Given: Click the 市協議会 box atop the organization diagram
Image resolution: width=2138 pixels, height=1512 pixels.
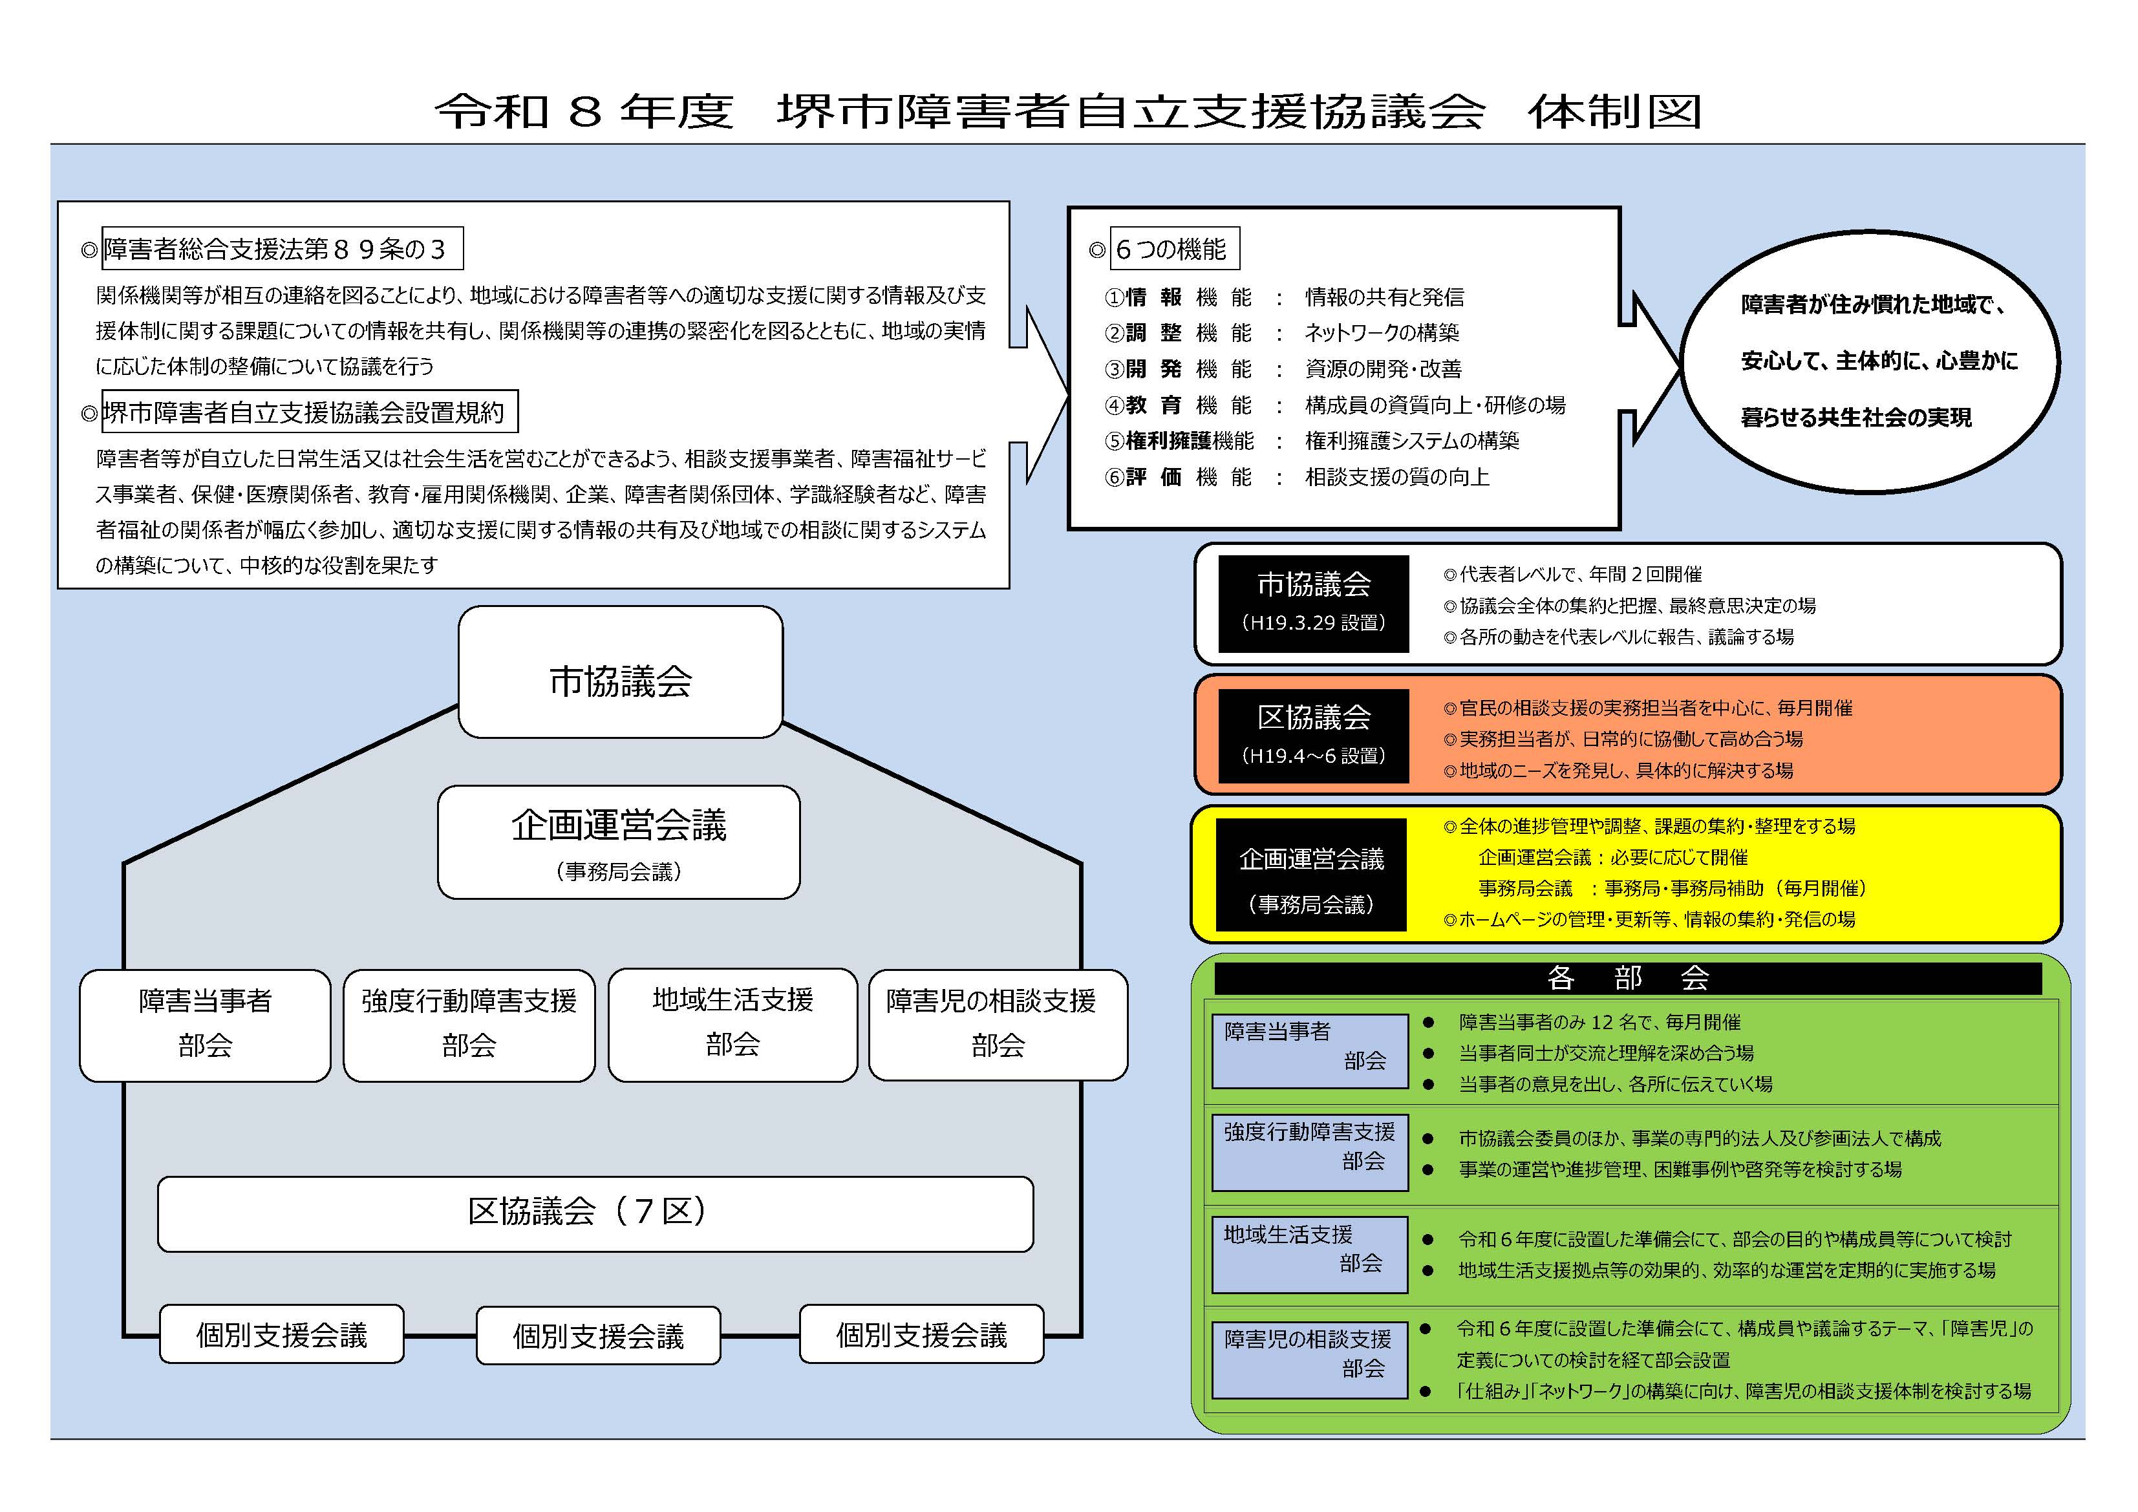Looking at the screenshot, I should click(620, 673).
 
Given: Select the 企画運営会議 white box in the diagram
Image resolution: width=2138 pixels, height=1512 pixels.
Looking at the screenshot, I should click(618, 842).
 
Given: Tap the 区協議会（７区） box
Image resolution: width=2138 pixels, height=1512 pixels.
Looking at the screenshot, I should click(595, 1213).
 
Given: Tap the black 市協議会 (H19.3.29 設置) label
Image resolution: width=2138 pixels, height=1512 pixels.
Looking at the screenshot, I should click(1313, 603).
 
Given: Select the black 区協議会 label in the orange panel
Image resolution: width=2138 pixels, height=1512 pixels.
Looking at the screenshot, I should click(1313, 736).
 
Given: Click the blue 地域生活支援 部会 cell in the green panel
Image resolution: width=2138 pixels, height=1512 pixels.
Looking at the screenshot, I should click(1309, 1254).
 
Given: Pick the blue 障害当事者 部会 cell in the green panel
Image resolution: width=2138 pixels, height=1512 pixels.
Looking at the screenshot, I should click(1309, 1051).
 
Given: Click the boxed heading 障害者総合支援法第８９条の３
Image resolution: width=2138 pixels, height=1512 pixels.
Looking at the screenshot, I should click(281, 249).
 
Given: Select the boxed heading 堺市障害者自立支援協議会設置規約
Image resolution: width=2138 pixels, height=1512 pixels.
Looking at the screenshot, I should click(309, 412).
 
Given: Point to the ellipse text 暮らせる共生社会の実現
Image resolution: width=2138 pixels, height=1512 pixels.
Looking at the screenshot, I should click(1856, 417).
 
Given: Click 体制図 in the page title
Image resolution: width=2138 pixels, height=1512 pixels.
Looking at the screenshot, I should click(1615, 112).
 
